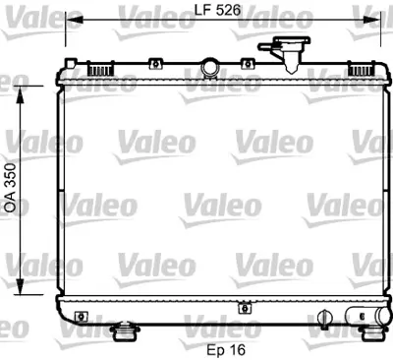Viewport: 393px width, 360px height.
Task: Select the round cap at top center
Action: [x=209, y=67]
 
